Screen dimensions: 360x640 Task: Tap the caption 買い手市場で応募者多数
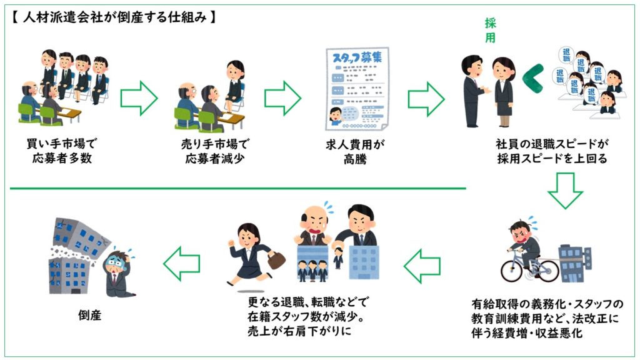coord(62,152)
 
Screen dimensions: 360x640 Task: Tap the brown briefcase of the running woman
coord(276,259)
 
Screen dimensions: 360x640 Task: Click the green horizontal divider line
coord(237,187)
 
